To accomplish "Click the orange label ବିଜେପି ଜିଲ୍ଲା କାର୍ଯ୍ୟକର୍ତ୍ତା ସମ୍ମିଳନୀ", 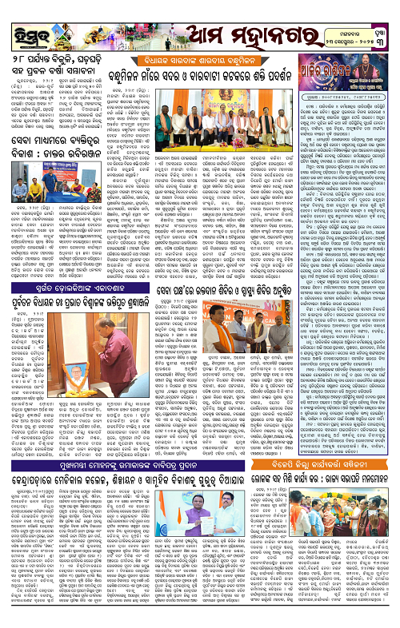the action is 330,466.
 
